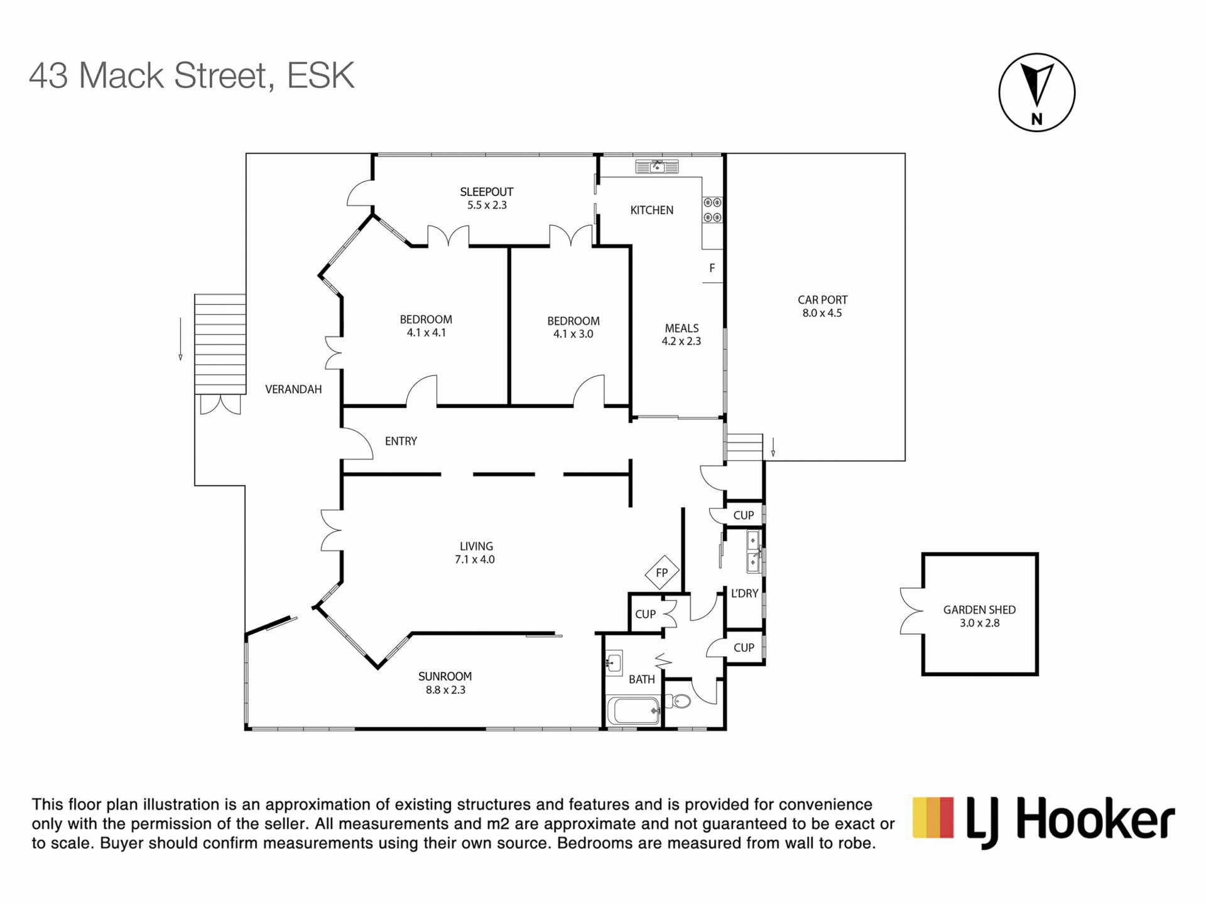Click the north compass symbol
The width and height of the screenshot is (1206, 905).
pyautogui.click(x=1036, y=92)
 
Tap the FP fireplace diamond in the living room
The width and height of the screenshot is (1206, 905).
pyautogui.click(x=662, y=573)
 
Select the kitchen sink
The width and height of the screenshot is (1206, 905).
pyautogui.click(x=657, y=167)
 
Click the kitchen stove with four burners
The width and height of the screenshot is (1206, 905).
pyautogui.click(x=712, y=210)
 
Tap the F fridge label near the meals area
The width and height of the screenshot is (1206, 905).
pyautogui.click(x=712, y=268)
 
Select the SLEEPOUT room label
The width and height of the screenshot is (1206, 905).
pyautogui.click(x=487, y=192)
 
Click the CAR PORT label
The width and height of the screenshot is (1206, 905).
pyautogui.click(x=822, y=300)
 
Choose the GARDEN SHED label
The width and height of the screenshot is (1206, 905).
pyautogui.click(x=979, y=610)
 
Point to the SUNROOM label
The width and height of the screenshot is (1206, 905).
pyautogui.click(x=445, y=676)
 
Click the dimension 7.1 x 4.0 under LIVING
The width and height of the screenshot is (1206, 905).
pyautogui.click(x=475, y=559)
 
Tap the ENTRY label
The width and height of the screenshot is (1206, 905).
pyautogui.click(x=401, y=441)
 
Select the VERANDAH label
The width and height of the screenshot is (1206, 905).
pyautogui.click(x=293, y=389)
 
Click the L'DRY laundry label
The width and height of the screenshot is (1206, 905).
pyautogui.click(x=745, y=593)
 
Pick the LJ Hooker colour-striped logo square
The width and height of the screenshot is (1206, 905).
pyautogui.click(x=933, y=817)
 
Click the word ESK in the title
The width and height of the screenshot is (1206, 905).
pyautogui.click(x=321, y=75)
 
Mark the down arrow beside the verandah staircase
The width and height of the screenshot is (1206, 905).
pyautogui.click(x=180, y=339)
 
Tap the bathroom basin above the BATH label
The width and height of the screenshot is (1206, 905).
pyautogui.click(x=614, y=662)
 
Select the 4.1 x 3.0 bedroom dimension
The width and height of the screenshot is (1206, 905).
pyautogui.click(x=573, y=334)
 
